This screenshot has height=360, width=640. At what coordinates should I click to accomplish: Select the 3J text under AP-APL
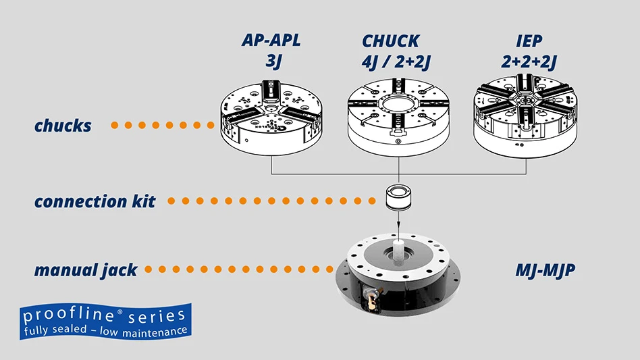(x=271, y=62)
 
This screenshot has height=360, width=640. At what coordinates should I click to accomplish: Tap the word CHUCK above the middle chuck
(x=391, y=41)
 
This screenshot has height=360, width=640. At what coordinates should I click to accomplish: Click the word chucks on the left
(x=63, y=126)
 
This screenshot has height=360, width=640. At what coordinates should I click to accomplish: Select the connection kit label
(x=95, y=201)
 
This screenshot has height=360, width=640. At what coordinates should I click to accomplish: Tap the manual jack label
(x=86, y=270)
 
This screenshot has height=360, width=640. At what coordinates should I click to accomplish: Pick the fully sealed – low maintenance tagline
(x=105, y=331)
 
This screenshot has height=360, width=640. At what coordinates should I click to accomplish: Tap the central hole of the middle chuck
(x=398, y=105)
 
